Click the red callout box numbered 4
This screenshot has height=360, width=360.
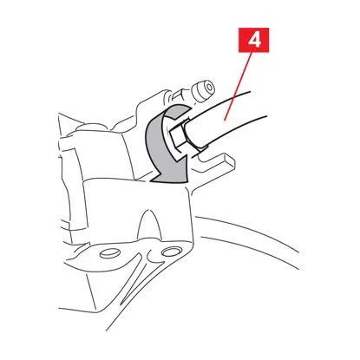tap(253, 40)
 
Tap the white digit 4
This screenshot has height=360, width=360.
tap(254, 40)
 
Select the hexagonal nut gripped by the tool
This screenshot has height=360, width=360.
tap(179, 135)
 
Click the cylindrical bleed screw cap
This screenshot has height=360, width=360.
tap(202, 90)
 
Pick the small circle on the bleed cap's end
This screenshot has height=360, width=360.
tap(210, 87)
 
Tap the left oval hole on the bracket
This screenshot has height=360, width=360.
tap(110, 253)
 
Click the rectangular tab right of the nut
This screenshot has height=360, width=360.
tap(214, 162)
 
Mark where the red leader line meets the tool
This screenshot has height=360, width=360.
tap(225, 120)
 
